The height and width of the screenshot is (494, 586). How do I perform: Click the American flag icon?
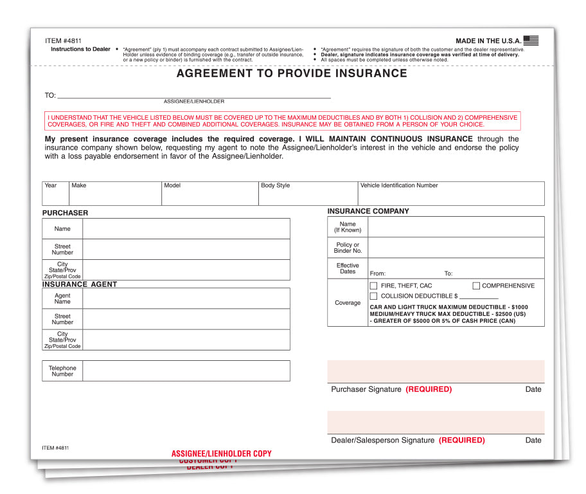531,41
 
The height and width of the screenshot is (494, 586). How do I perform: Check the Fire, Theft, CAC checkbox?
373,286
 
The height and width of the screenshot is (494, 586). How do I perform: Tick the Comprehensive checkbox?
477,286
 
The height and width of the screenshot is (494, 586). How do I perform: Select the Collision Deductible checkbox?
373,296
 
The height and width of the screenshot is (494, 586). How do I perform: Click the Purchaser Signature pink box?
436,372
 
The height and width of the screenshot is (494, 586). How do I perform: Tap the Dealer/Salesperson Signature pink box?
436,422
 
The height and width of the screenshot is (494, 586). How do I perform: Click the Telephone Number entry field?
186,370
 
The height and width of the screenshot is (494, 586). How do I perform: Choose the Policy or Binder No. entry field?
456,248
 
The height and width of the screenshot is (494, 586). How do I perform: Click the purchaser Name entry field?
186,229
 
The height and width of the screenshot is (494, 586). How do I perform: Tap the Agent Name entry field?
186,298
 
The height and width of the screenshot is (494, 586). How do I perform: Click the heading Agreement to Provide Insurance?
292,73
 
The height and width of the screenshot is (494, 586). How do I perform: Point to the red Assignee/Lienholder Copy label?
221,453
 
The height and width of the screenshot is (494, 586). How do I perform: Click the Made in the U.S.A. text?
488,41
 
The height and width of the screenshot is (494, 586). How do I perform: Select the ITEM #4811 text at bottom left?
55,448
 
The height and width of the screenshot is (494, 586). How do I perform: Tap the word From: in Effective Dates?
378,274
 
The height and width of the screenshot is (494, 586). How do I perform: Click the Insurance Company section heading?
368,211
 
